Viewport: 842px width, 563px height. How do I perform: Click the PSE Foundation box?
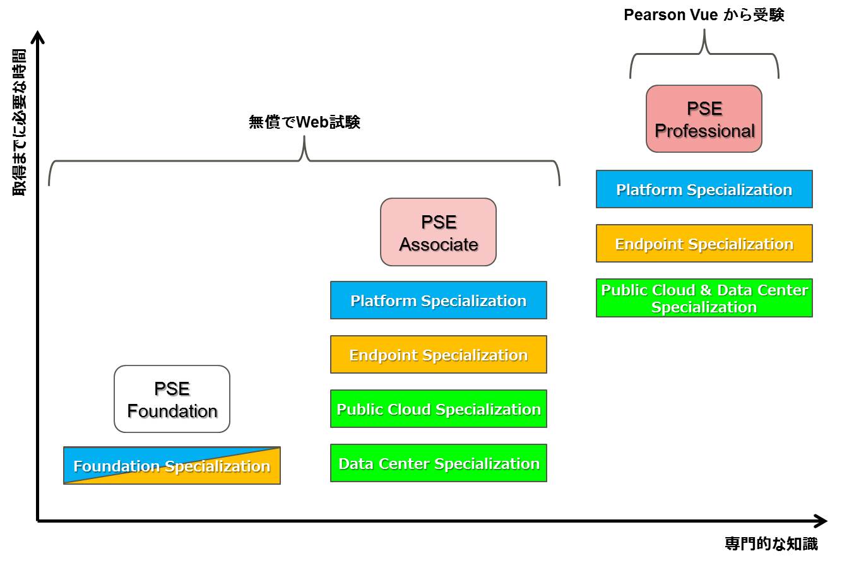[172, 399]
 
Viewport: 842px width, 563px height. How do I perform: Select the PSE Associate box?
[438, 232]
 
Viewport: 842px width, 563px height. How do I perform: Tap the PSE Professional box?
[704, 119]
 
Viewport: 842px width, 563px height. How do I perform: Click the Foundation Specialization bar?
[172, 466]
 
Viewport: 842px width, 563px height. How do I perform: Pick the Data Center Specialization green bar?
[438, 463]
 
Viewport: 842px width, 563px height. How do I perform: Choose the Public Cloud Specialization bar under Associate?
[438, 409]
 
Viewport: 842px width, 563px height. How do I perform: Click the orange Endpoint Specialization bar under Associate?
[438, 355]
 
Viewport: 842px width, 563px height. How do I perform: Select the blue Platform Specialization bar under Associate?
[438, 300]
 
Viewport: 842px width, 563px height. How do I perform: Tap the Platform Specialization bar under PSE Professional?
[704, 189]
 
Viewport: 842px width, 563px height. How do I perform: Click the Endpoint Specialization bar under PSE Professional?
[704, 244]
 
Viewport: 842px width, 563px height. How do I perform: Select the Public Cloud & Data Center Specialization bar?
[704, 298]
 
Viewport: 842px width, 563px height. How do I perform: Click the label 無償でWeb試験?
[305, 122]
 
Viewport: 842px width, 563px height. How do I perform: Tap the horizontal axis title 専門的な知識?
[771, 543]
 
